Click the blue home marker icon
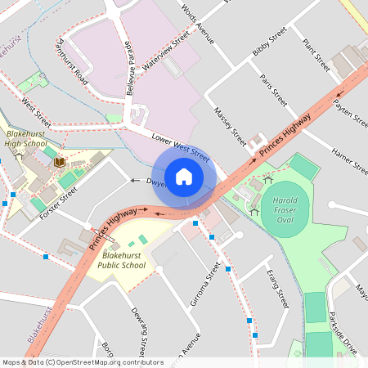click(184, 177)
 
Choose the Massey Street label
click(230, 121)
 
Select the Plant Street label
click(315, 54)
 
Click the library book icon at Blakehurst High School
click(59, 162)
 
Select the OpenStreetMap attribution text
click(83, 362)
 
